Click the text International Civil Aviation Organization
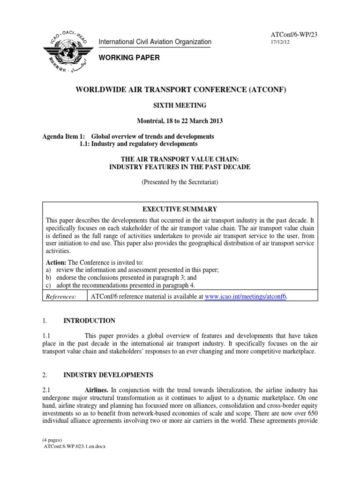pyautogui.click(x=155, y=42)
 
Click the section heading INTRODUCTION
pyautogui.click(x=89, y=321)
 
